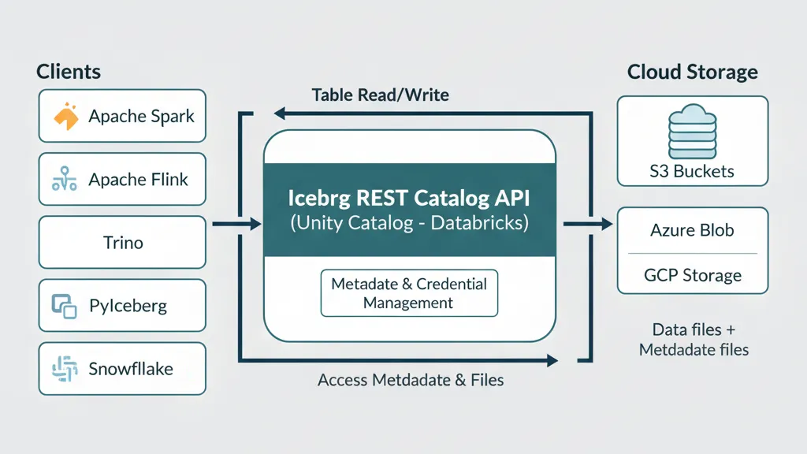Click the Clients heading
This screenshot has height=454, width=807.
click(69, 72)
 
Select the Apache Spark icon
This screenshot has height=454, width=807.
click(67, 116)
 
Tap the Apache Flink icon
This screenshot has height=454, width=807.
click(64, 180)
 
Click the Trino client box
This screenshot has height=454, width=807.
click(122, 242)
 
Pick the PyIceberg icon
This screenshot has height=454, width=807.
click(64, 306)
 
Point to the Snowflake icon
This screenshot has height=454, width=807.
click(64, 369)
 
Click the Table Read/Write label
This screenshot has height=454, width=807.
click(380, 95)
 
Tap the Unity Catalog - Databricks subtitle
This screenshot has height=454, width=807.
click(409, 223)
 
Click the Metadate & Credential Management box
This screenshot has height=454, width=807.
click(409, 293)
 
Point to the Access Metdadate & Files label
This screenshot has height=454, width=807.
click(411, 381)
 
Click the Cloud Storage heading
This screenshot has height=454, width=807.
click(692, 72)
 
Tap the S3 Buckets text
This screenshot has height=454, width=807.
click(692, 171)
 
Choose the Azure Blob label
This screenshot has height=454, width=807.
click(692, 230)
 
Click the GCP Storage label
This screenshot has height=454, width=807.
click(692, 276)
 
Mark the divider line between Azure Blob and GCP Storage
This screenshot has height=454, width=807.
click(692, 253)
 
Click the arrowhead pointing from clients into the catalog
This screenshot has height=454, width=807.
click(254, 225)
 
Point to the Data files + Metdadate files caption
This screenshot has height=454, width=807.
click(693, 339)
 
